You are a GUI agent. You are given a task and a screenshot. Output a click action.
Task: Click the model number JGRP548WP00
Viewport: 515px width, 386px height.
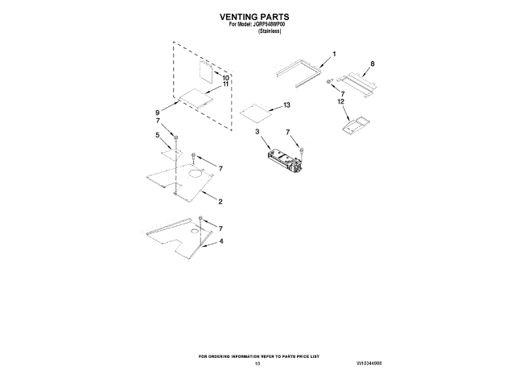[267, 24]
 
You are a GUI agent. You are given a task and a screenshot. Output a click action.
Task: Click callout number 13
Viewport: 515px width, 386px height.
[286, 105]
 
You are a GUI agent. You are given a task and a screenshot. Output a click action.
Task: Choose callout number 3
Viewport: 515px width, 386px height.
[257, 131]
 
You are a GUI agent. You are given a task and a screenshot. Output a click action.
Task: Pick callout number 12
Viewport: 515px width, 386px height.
[341, 102]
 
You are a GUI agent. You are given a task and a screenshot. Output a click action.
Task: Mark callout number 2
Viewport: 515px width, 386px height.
[220, 201]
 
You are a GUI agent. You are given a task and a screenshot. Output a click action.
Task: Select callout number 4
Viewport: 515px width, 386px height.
[222, 241]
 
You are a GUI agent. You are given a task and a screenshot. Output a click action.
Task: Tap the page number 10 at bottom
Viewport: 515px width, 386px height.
[257, 363]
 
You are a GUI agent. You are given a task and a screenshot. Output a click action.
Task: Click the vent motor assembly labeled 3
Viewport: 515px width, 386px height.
[283, 158]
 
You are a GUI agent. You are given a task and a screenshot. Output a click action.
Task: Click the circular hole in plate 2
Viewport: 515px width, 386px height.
[195, 174]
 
